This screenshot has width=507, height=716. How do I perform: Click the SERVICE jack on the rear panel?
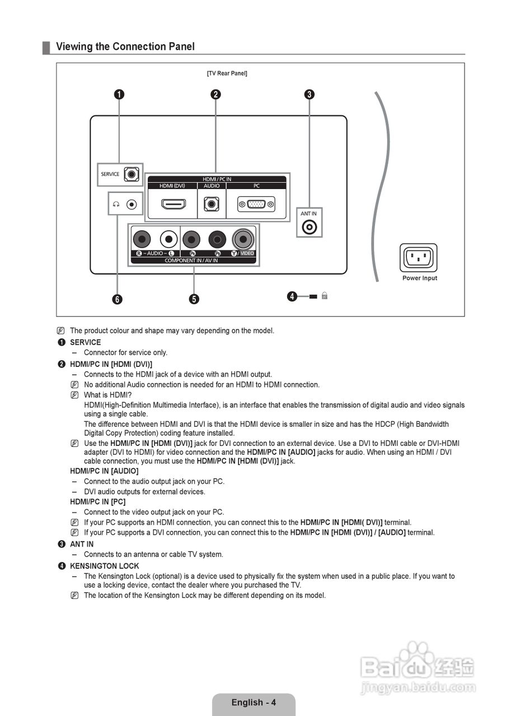[131, 174]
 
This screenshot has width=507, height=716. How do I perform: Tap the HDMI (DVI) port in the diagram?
[172, 204]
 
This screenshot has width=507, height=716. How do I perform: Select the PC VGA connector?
[256, 204]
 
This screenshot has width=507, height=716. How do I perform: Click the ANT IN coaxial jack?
[309, 227]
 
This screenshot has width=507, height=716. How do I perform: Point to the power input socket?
[418, 258]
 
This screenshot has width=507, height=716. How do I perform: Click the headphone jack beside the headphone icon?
[132, 205]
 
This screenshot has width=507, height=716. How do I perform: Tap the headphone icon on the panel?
[116, 205]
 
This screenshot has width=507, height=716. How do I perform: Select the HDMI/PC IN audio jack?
[212, 204]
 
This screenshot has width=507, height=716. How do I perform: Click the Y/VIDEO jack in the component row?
[243, 239]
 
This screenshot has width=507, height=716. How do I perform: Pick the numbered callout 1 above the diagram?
[119, 94]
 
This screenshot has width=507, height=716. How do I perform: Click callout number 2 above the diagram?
[215, 94]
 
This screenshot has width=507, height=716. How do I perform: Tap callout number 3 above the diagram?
[309, 94]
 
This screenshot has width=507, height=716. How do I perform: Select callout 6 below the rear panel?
[117, 299]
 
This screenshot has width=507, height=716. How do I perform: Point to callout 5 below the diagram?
[194, 299]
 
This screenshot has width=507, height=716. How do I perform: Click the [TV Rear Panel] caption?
[227, 73]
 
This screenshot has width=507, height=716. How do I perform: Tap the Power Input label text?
[420, 278]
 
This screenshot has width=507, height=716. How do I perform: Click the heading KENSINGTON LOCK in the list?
[104, 566]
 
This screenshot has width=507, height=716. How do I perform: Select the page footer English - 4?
[253, 703]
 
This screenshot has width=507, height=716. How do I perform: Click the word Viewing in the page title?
[74, 46]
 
